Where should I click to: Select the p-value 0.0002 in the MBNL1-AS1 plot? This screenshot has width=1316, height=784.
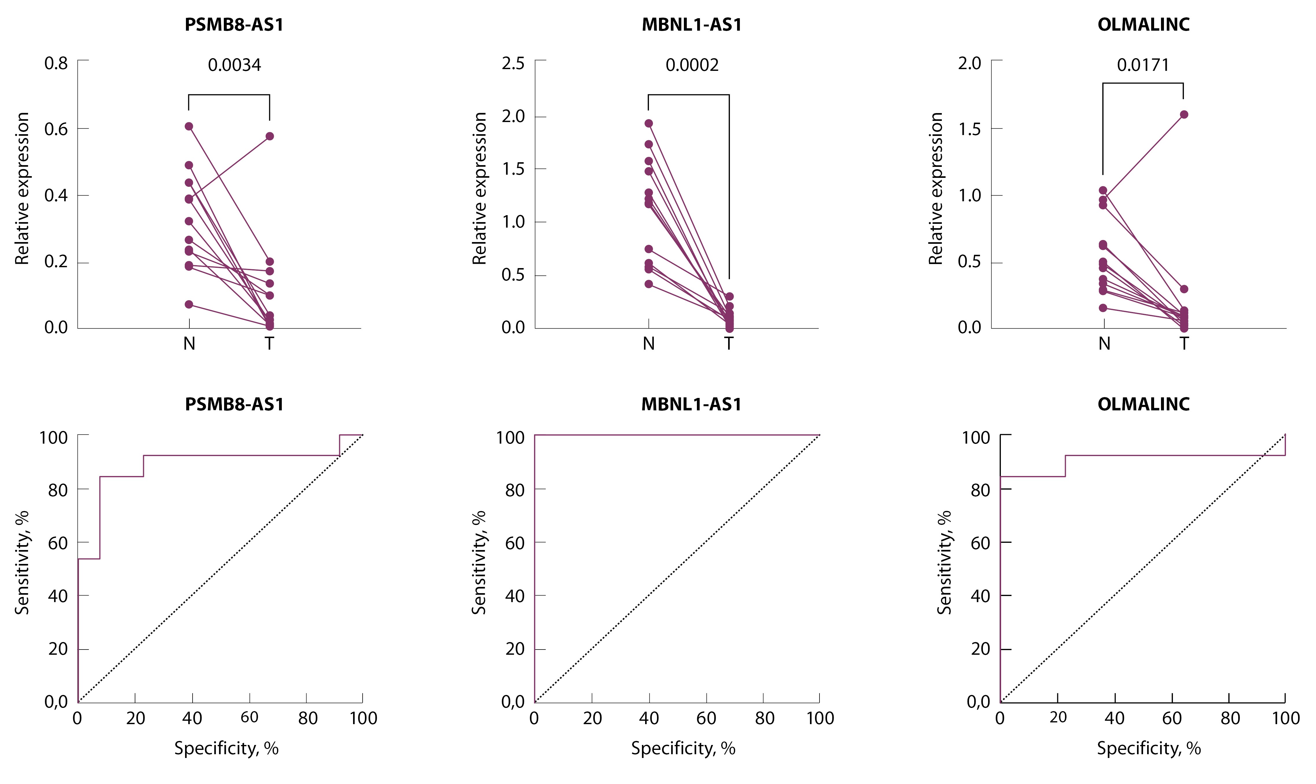692,65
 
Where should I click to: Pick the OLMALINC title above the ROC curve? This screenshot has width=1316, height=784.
1143,404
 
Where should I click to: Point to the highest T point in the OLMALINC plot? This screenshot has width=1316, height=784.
1184,115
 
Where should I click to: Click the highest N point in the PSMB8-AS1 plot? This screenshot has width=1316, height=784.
189,126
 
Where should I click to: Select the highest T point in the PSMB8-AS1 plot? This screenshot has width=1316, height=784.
269,136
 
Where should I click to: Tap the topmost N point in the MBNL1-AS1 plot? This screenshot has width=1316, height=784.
649,123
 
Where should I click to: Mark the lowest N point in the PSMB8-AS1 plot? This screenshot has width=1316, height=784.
189,304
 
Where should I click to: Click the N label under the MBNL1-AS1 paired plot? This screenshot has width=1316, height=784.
649,344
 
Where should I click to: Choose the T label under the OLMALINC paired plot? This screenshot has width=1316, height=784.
1184,344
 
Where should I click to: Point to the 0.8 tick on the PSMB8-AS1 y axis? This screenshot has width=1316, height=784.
56,63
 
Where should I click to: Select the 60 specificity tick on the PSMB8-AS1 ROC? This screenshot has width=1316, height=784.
249,717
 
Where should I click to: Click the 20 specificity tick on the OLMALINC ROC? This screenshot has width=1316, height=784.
1058,717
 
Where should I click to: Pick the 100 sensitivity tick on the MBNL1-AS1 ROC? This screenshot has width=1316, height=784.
510,438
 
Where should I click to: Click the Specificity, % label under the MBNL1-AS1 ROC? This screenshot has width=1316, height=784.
683,748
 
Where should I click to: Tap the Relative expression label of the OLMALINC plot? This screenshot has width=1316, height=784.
936,188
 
